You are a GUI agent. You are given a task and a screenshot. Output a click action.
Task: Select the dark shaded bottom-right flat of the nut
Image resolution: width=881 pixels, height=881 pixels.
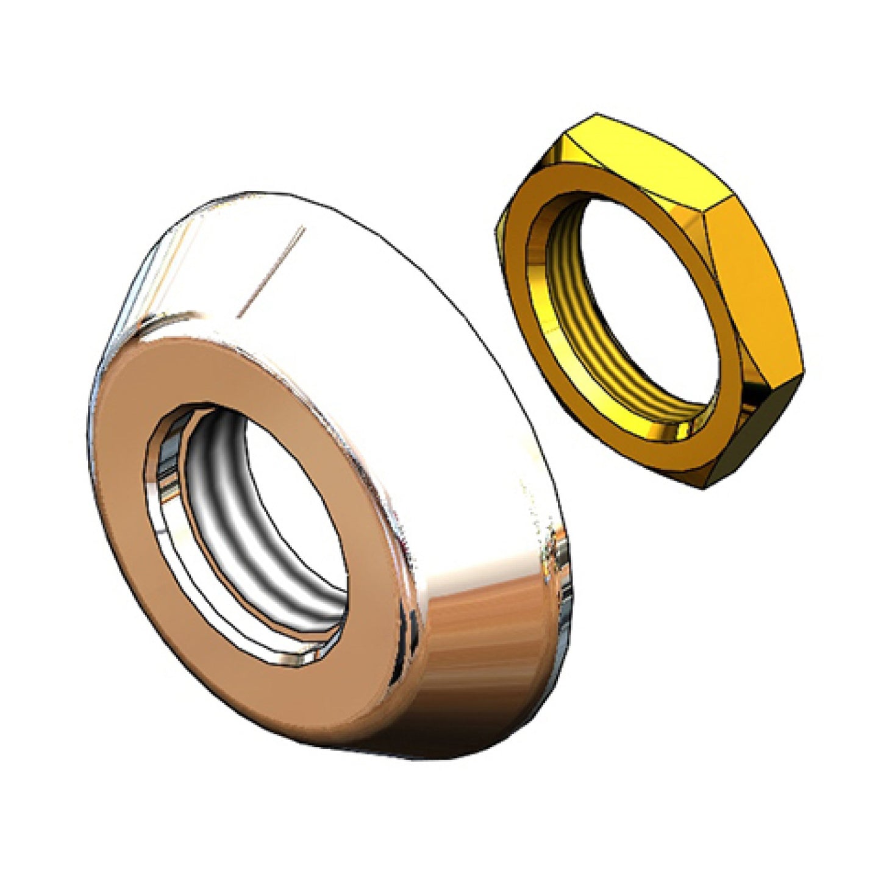(x=756, y=427)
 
